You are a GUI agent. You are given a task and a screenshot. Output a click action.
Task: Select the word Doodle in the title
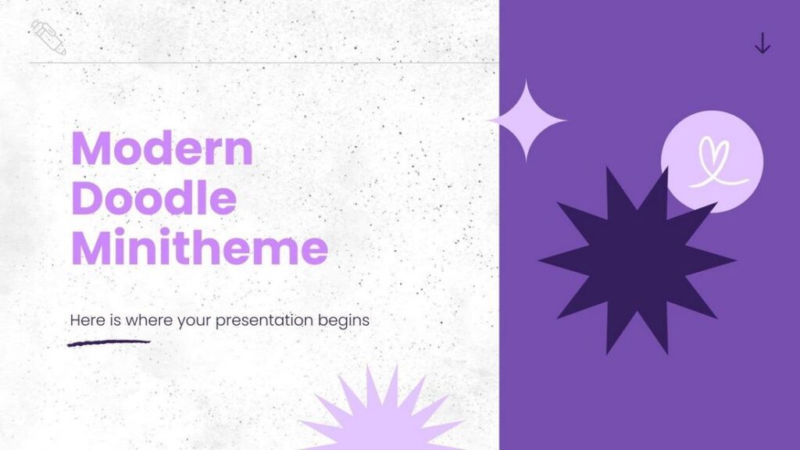154,199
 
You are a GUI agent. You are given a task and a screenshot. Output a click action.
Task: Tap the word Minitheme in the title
199,248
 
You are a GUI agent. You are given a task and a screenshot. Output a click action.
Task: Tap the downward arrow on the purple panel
762,44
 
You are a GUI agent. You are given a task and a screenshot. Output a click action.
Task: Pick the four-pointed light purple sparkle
527,120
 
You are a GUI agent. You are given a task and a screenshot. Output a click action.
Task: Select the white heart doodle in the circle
712,162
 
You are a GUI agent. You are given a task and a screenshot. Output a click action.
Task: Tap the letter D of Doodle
87,199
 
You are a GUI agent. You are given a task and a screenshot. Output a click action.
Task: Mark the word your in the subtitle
190,321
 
